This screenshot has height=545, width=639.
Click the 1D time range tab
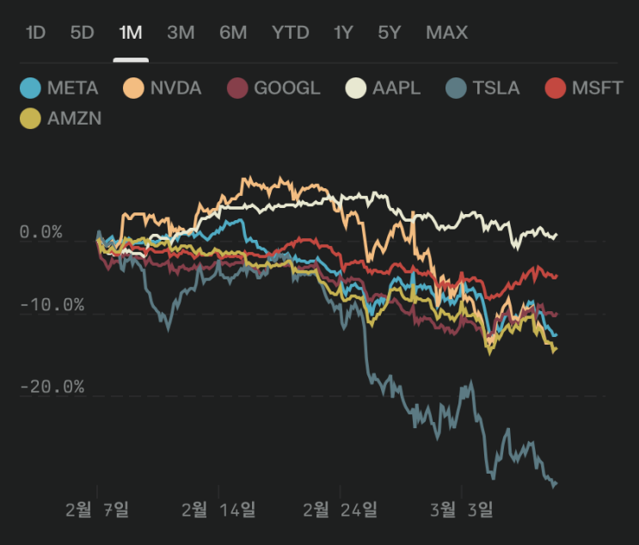click(x=35, y=33)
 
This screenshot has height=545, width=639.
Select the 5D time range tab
click(x=82, y=33)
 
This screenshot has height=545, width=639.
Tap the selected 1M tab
click(x=131, y=33)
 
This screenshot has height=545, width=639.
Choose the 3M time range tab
click(x=181, y=33)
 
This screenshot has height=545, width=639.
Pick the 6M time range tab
click(x=233, y=33)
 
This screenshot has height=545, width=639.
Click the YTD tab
click(x=290, y=33)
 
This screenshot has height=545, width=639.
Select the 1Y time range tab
click(x=343, y=33)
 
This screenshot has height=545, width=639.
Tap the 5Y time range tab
click(x=389, y=33)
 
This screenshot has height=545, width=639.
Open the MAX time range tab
click(x=446, y=33)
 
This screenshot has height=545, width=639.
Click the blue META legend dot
click(x=31, y=88)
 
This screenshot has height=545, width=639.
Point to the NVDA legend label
click(x=175, y=88)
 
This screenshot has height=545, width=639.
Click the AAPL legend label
click(x=396, y=88)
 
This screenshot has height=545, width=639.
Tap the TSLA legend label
click(x=495, y=88)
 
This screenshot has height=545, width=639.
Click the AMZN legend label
click(x=74, y=119)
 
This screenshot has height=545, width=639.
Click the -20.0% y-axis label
click(x=53, y=387)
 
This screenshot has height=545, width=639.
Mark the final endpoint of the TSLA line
click(x=556, y=483)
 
